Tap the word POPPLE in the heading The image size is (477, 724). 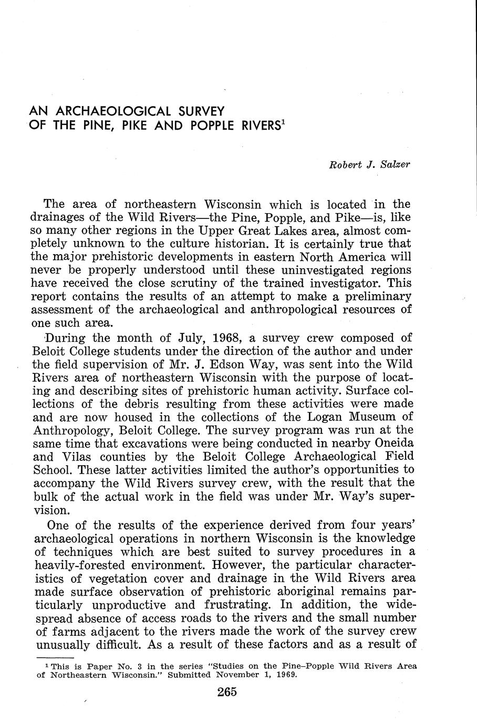[224, 126]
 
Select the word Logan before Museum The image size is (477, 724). [320, 417]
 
